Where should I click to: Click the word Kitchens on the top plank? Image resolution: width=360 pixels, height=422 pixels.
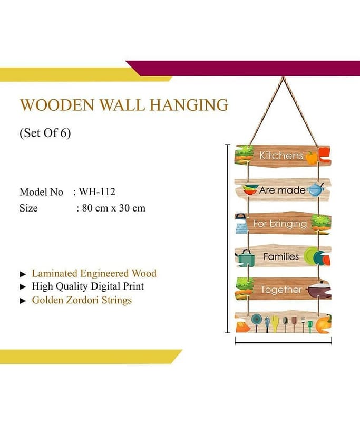pos(281,156)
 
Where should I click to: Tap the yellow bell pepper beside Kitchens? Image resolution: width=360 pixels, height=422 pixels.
pos(312,158)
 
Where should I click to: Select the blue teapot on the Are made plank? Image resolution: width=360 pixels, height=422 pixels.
pos(316,189)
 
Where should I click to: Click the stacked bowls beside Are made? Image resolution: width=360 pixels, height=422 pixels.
pos(250,190)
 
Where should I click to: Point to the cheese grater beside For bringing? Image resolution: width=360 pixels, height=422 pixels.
pos(241,224)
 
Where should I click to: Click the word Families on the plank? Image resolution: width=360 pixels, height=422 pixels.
pos(281,256)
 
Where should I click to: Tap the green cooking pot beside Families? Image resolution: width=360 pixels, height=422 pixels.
pos(246,257)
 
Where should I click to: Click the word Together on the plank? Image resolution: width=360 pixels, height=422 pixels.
pos(281,290)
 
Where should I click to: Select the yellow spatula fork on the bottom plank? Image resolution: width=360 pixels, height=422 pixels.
pos(275,324)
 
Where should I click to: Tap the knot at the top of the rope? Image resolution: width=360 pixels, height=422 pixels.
pos(283,78)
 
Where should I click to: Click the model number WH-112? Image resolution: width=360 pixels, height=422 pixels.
pos(97,191)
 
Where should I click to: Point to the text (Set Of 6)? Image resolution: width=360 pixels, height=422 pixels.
pos(45,133)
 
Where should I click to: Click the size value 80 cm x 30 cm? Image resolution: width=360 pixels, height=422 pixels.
pos(114,208)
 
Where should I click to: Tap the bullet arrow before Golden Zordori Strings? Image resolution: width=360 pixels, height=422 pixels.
pos(23,301)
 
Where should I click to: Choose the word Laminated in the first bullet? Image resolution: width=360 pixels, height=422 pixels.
pos(55,273)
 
